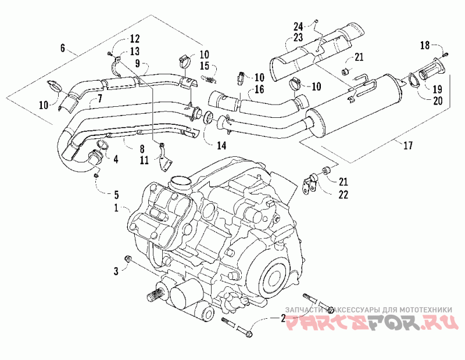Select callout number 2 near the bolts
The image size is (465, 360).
click(283, 319)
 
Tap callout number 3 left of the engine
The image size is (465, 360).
click(116, 270)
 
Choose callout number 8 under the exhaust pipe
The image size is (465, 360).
click(141, 148)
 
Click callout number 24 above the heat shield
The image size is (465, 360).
click(298, 26)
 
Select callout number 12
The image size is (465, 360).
click(134, 39)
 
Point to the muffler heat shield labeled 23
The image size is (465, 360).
click(314, 49)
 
